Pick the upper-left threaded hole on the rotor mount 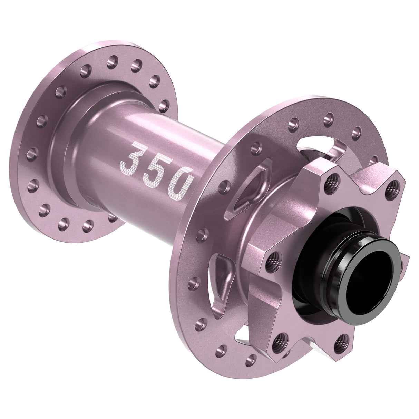pyautogui.click(x=332, y=179)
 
